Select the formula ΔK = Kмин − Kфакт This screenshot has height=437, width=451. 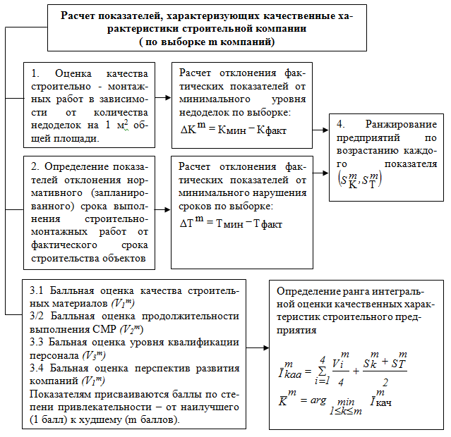point(232,130)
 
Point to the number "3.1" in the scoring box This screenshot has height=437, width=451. point(37,290)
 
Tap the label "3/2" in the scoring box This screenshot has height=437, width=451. point(37,316)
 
